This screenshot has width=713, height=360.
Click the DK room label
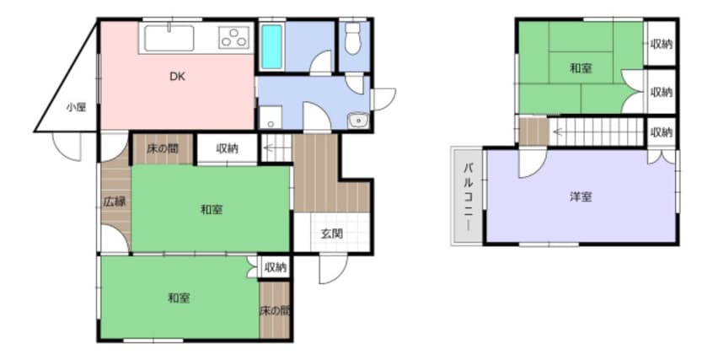[x=177, y=77]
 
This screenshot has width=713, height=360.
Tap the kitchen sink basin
[x=169, y=38]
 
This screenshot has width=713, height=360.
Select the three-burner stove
[x=234, y=37]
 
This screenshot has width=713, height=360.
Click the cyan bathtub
[x=271, y=47]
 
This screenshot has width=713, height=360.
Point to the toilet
[x=353, y=39]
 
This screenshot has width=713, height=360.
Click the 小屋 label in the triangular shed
[x=76, y=108]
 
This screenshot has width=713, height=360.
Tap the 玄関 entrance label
[x=332, y=234]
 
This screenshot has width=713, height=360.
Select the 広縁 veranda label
[x=114, y=201]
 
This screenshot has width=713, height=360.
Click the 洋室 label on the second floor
[x=581, y=197]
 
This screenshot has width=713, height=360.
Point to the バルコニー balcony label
[x=468, y=196]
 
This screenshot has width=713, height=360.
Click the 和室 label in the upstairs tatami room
[x=581, y=69]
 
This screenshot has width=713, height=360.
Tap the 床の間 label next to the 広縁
[x=163, y=148]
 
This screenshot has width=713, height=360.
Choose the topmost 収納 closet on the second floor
[x=661, y=44]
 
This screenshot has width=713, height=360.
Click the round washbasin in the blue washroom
[x=358, y=121]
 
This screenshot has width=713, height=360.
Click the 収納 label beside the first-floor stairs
[x=228, y=148]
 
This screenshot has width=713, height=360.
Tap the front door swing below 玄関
[x=333, y=270]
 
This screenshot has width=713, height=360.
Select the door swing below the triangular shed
[x=66, y=147]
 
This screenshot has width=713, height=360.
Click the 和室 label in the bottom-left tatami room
[x=179, y=298]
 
